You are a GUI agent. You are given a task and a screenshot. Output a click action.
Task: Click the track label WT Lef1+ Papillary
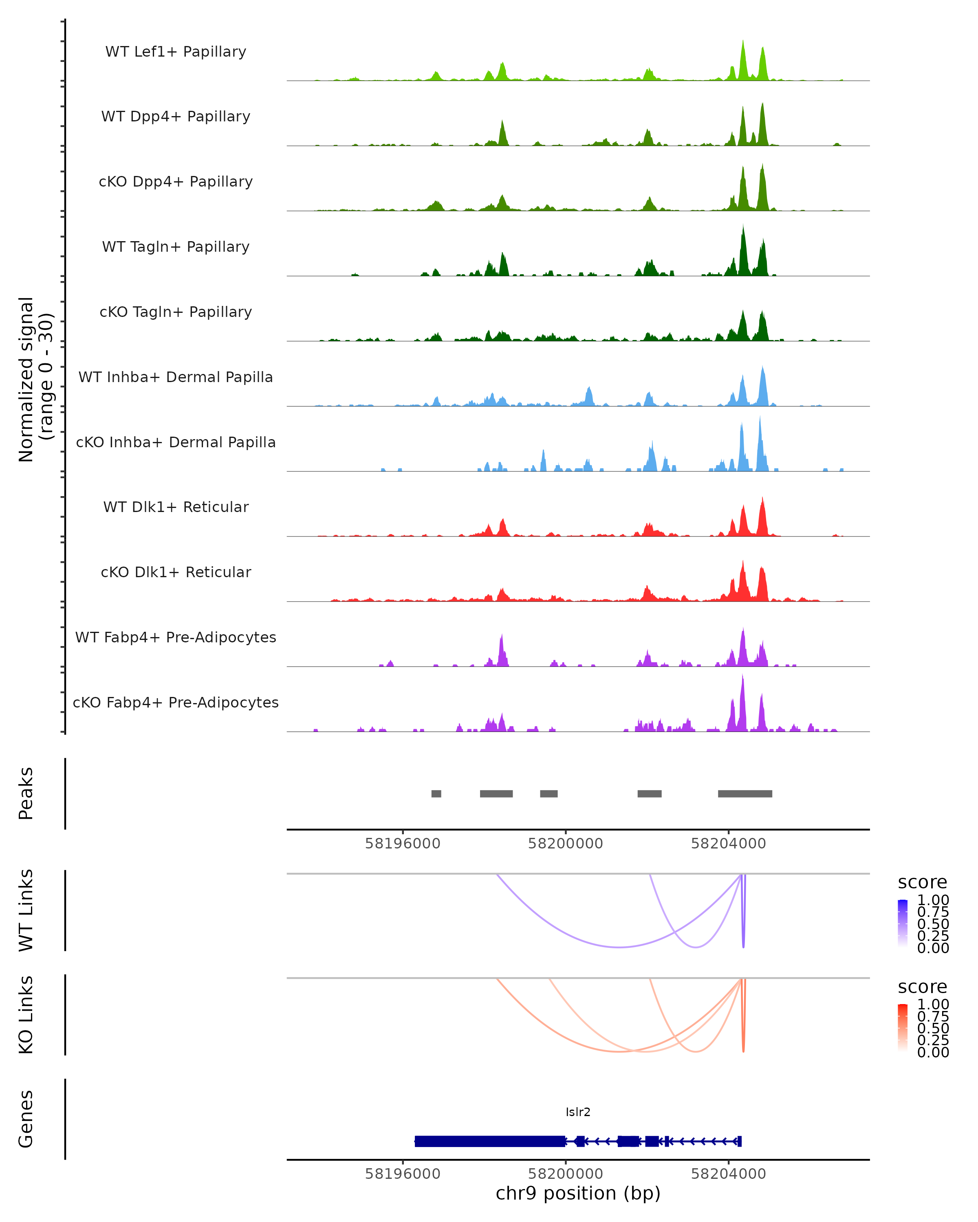176,52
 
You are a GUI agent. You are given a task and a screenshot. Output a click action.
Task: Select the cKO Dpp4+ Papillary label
176,181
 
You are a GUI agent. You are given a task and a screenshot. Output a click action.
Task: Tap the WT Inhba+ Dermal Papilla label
176,377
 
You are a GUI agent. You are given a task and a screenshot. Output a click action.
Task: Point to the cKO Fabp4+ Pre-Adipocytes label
176,702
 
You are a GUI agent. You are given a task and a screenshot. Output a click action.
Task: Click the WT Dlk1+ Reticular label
176,507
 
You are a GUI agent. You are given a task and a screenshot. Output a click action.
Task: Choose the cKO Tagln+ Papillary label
176,312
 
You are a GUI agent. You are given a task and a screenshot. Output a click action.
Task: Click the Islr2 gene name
578,1112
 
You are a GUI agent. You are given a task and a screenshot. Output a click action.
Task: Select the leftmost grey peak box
436,793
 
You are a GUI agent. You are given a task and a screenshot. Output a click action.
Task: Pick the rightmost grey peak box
745,793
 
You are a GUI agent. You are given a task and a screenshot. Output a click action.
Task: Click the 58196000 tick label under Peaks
403,844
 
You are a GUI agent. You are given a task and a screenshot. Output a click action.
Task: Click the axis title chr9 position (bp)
578,1193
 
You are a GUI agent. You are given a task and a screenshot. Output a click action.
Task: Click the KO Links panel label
26,1015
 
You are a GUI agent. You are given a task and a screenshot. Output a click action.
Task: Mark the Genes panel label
26,1119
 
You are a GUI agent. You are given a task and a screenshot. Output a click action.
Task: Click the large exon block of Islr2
490,1141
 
